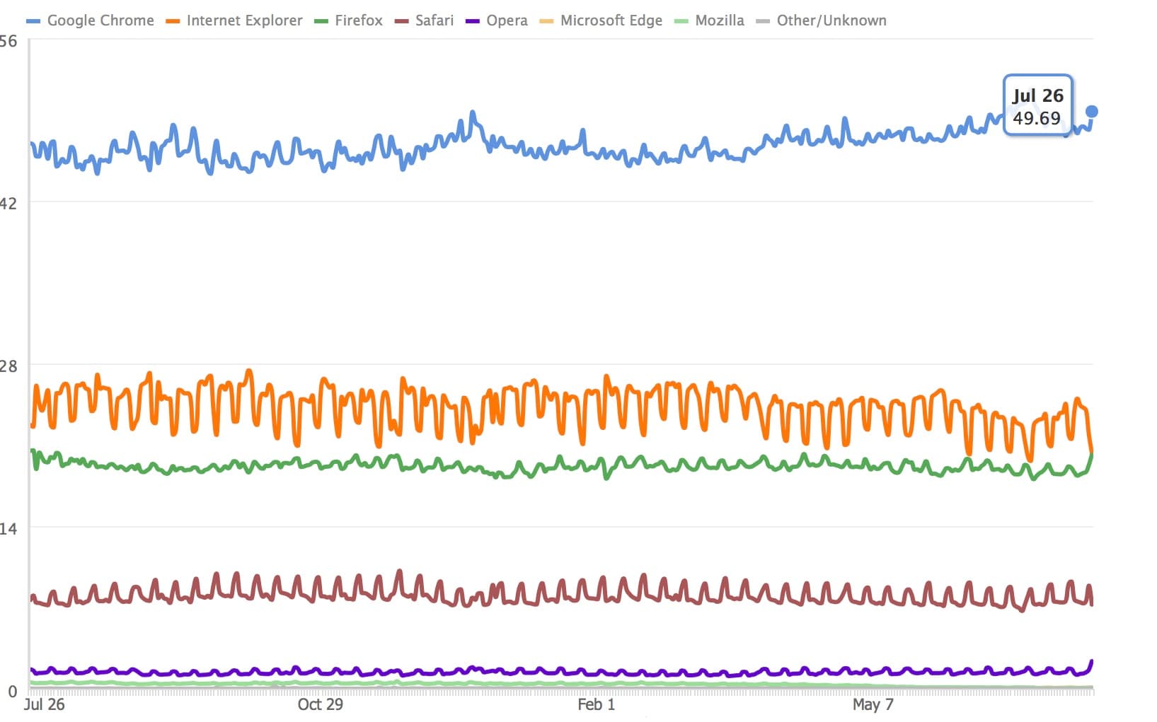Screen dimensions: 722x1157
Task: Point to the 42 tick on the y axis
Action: coord(8,204)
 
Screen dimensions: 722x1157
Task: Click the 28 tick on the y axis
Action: coord(8,366)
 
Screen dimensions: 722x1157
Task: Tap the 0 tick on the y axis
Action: coord(12,692)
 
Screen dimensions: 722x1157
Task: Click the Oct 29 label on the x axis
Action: coord(320,704)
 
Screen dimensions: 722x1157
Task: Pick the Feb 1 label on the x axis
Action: coord(596,704)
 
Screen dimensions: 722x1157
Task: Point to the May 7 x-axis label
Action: coord(873,704)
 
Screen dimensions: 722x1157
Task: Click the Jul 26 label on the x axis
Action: coord(44,704)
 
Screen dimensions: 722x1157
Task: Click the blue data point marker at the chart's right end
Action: coord(1092,111)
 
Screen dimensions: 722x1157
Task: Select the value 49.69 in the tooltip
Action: coord(1037,118)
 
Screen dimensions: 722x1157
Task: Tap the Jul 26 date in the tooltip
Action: coord(1037,95)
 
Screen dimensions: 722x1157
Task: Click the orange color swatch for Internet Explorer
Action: coord(173,21)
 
